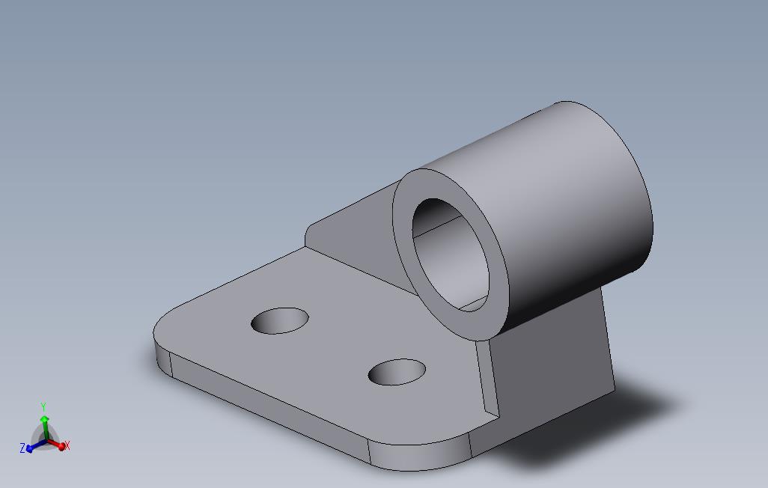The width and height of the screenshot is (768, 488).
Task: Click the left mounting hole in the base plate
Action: click(x=280, y=320)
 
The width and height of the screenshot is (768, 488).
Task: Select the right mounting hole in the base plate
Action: click(x=397, y=372)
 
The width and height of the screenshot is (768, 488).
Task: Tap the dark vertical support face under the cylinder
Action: click(x=554, y=359)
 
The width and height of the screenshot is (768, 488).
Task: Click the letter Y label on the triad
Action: click(x=43, y=407)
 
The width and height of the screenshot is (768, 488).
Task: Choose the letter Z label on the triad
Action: click(x=22, y=448)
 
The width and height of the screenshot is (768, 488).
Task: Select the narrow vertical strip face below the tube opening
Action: click(x=486, y=374)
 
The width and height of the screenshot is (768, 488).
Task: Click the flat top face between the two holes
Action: click(x=337, y=344)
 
